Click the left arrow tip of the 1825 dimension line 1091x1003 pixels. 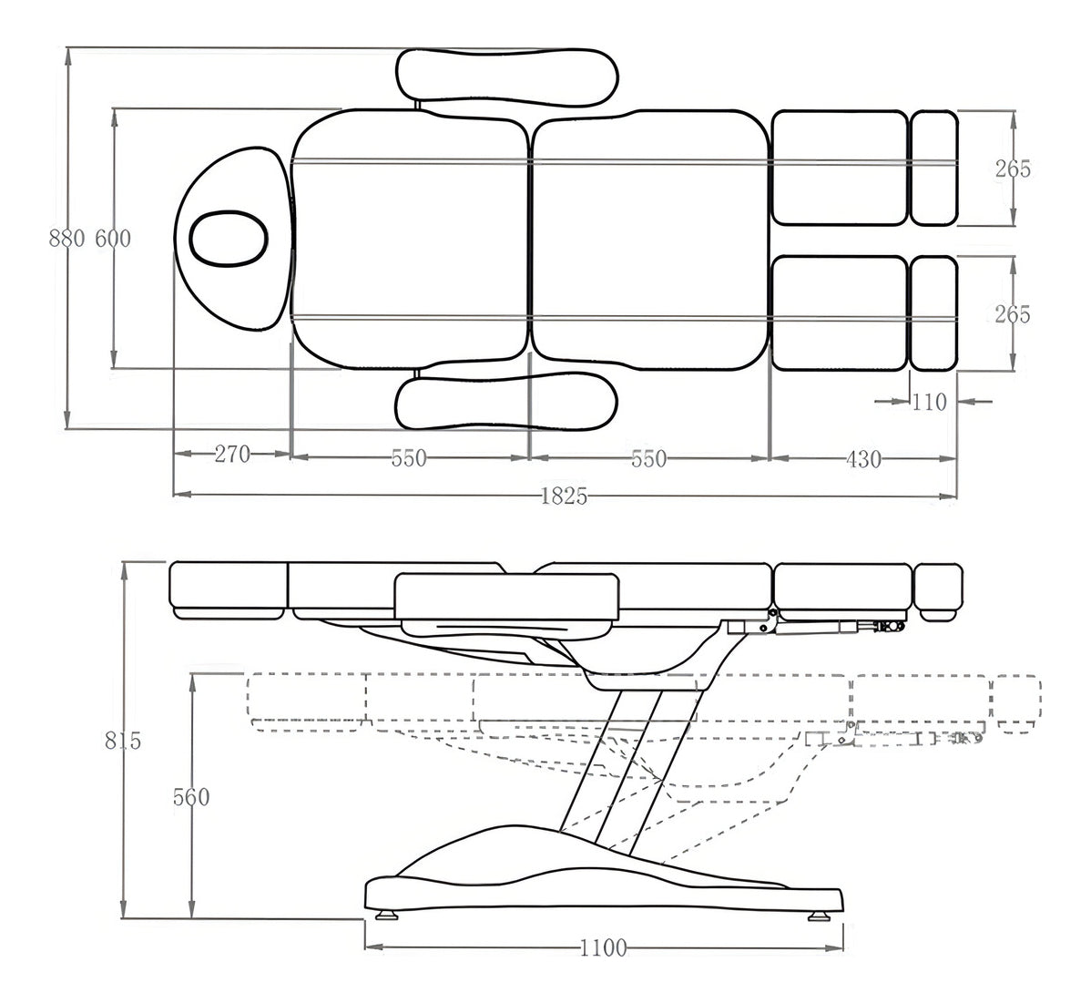173,495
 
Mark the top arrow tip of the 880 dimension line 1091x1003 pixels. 67,48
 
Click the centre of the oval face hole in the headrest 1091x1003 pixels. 228,239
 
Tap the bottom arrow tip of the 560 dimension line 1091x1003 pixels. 193,918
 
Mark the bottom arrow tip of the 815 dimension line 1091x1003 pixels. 126,918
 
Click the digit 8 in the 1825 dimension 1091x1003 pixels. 555,496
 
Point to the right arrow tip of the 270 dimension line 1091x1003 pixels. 290,454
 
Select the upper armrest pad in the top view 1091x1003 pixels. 506,78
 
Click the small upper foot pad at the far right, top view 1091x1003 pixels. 933,168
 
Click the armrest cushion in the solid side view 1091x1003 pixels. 507,597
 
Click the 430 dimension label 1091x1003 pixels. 863,459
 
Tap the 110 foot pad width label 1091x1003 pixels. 930,402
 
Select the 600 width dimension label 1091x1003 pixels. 113,239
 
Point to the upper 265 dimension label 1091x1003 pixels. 1013,169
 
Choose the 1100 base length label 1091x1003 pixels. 603,947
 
